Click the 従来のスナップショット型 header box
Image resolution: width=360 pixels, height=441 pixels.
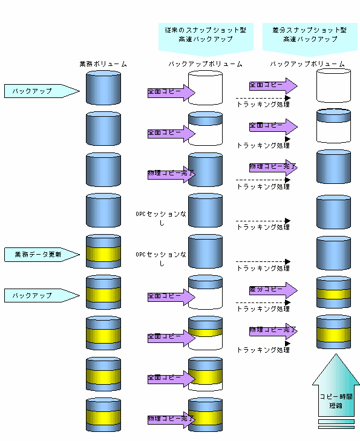pos(206,38)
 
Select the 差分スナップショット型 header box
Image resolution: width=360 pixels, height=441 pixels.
pos(310,38)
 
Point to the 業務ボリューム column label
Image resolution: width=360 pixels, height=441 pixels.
pos(103,64)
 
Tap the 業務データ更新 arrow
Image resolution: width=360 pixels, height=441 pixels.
pos(42,255)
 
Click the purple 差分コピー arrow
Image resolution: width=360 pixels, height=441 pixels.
pos(273,290)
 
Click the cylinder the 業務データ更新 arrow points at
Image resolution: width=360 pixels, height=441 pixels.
pos(103,251)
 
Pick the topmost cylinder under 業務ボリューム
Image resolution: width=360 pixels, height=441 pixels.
pos(103,88)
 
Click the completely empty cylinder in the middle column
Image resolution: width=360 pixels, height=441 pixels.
pos(205,88)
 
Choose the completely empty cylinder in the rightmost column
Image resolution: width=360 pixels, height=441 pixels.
pos(333,85)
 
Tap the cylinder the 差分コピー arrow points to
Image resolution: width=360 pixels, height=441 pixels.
pos(333,292)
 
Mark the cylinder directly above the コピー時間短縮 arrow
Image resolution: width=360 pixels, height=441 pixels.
pos(333,332)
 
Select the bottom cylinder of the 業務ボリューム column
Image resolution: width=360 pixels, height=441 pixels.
pos(103,414)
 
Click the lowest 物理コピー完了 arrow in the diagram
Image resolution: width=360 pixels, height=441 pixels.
pos(171,419)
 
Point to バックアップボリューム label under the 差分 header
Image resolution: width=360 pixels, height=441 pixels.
pos(307,64)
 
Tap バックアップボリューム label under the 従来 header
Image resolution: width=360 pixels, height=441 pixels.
pos(205,64)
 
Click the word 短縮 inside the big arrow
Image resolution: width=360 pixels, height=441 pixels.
pos(336,405)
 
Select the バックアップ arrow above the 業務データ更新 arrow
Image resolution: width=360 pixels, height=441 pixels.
pos(42,91)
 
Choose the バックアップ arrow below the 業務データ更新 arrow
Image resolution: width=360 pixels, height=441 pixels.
pos(42,296)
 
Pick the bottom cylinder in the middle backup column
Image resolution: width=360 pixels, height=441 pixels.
pos(205,414)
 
